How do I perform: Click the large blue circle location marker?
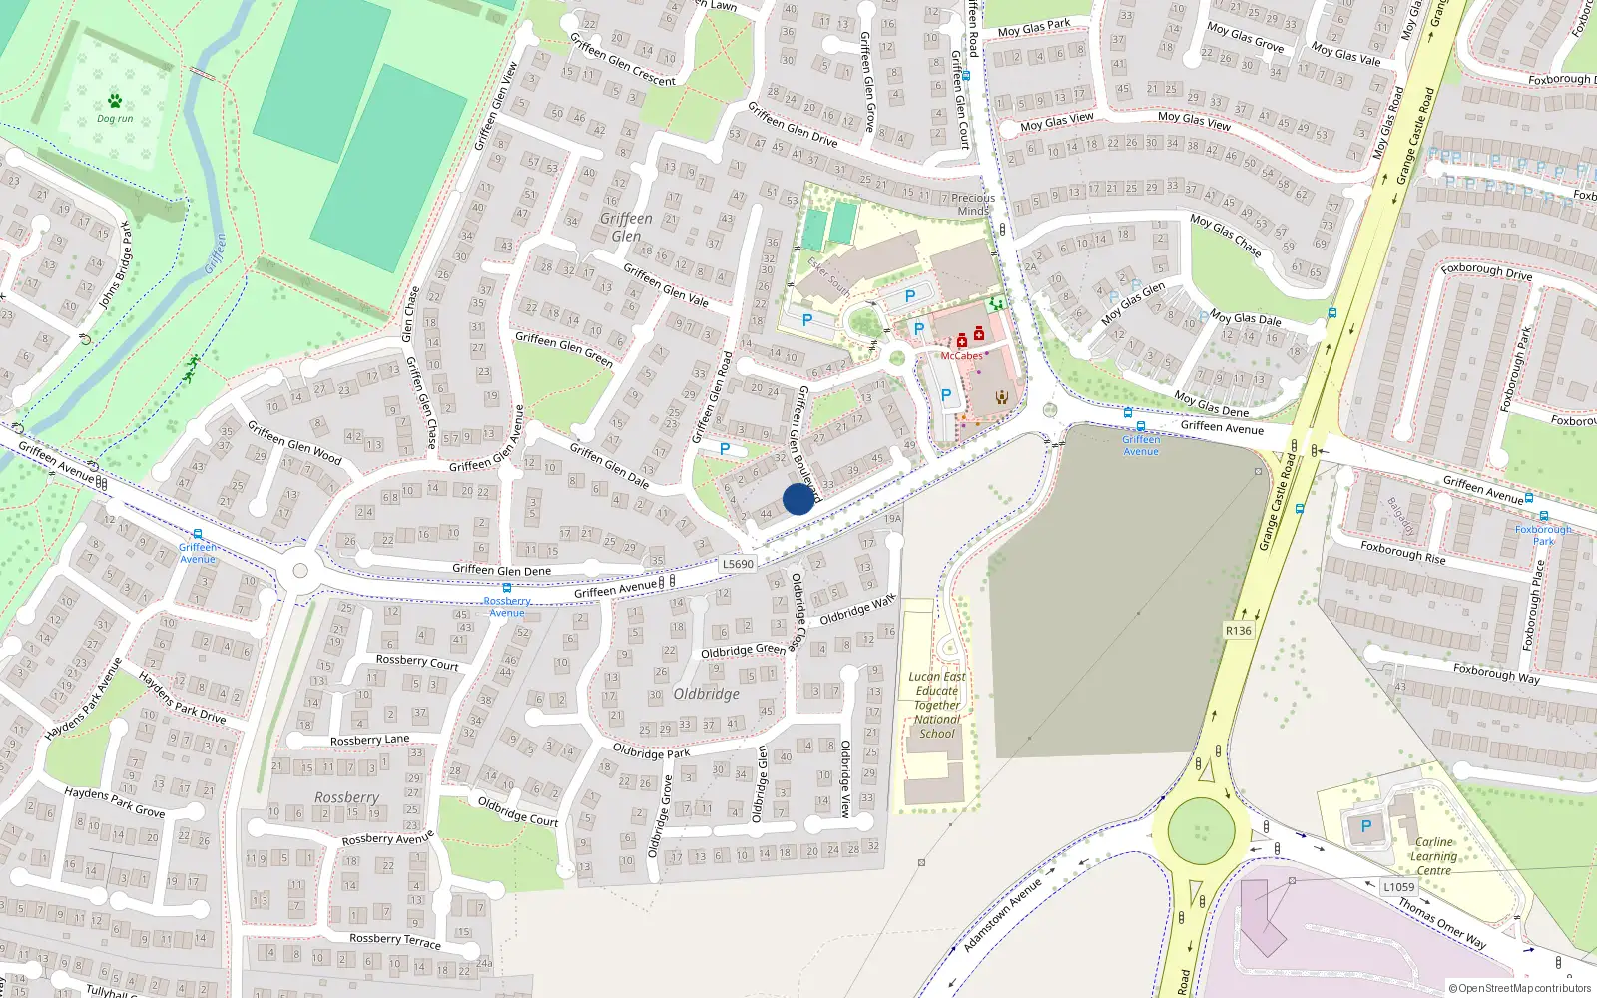[798, 499]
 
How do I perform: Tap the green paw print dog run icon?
[115, 101]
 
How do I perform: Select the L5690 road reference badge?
[738, 564]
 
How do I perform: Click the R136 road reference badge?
[1238, 631]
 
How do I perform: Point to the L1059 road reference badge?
[1398, 887]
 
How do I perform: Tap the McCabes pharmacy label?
[961, 356]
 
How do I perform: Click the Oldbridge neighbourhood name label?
[707, 694]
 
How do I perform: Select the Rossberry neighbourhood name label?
[346, 797]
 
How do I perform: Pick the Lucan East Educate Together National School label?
[936, 705]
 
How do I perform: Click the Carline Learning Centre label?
[1433, 856]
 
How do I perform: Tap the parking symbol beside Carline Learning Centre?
[1366, 826]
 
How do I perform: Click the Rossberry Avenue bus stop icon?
[506, 588]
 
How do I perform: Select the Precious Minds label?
[973, 204]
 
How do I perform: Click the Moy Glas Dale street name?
[1245, 318]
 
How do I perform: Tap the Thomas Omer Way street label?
[1442, 923]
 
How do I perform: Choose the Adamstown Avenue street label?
[1002, 915]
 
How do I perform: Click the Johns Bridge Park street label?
[114, 264]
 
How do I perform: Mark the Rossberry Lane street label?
[369, 740]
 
